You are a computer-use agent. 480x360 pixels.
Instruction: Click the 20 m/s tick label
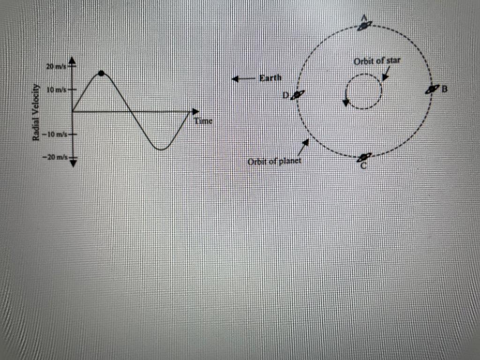(x=56, y=67)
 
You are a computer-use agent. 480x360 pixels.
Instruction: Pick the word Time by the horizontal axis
(x=203, y=121)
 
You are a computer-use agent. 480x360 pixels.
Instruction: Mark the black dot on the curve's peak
(x=101, y=73)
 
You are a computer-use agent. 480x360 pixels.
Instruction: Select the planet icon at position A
(x=364, y=25)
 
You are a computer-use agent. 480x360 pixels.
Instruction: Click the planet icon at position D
(x=298, y=95)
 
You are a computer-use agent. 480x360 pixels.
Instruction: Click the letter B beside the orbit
(x=445, y=88)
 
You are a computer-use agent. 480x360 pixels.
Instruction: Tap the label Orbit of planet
(x=274, y=161)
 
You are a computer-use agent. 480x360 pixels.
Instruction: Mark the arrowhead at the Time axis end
(x=195, y=112)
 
